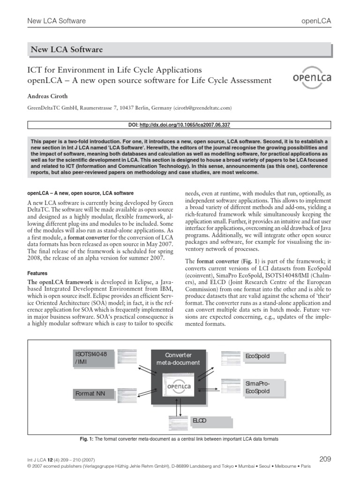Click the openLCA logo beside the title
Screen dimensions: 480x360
tap(311, 77)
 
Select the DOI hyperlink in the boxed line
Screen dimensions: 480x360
tap(185, 125)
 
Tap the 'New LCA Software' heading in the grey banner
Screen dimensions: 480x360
tap(67, 50)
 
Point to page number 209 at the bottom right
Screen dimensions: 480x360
tap(324, 459)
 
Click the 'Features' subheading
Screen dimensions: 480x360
tap(37, 273)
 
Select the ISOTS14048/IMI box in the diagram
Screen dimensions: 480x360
tap(94, 358)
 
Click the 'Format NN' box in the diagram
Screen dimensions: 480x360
tap(94, 393)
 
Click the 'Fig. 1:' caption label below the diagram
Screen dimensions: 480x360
tap(87, 439)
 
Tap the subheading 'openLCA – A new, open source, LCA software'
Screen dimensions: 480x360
tap(81, 193)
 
